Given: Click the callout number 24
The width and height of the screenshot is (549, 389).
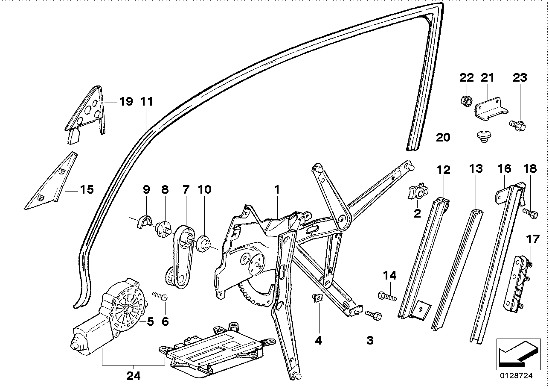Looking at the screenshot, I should tap(133, 376).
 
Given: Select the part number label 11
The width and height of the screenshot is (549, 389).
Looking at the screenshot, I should tap(146, 102).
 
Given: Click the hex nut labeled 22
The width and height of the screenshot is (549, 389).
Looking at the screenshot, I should tap(466, 101).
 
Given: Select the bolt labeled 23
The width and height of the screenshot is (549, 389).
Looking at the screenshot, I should tap(518, 125).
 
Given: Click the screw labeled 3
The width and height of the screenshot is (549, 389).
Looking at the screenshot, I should tap(374, 315).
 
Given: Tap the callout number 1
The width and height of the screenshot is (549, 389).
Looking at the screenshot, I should tap(276, 189).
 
